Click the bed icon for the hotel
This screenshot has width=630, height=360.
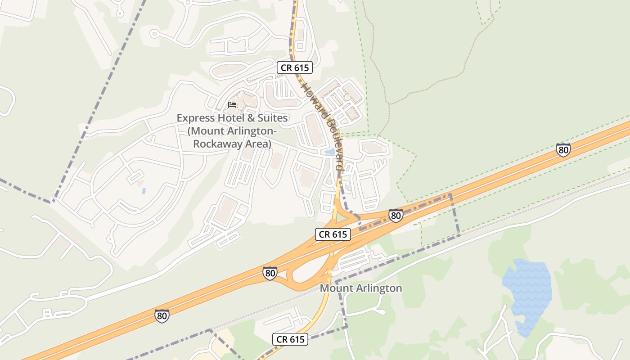coord(232,105)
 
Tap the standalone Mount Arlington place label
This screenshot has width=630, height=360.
coord(360,288)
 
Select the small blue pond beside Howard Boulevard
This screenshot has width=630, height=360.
coord(329,152)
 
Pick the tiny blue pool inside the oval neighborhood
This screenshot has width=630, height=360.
coord(144,191)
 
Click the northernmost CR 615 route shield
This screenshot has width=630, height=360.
coord(294,67)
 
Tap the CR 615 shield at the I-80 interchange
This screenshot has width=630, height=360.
coord(333,234)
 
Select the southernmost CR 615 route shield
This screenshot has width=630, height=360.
coord(290,339)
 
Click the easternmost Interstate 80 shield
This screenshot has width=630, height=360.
coord(563,150)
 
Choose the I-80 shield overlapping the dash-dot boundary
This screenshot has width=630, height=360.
coord(396,216)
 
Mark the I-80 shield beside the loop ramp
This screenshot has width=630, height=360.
coord(270,273)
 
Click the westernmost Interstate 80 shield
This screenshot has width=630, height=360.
coord(162,316)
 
